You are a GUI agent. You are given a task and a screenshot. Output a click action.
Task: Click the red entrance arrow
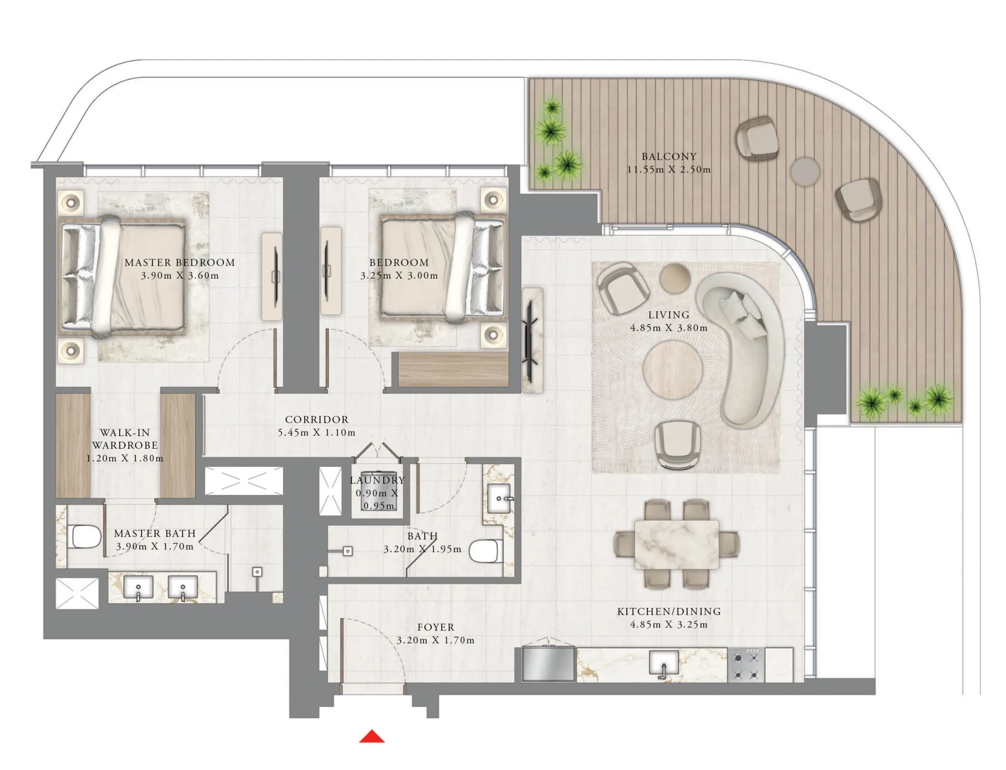coord(371,736)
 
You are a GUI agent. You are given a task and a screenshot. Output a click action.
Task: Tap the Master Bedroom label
coord(180,263)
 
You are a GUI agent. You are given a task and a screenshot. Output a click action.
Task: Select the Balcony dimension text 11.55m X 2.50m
coord(669,170)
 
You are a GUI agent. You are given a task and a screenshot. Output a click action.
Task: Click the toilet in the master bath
coord(86,536)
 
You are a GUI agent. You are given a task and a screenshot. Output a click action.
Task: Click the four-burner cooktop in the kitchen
coord(746,664)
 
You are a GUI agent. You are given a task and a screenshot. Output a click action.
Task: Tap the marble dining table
coord(676,544)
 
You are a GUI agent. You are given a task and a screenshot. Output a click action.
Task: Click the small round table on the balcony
coord(805,171)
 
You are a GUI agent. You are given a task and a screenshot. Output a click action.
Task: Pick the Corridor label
coord(317,419)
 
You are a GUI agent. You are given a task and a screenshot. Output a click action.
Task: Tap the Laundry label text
coord(377,480)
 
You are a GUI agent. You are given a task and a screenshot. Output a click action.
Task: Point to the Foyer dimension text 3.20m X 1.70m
coord(435,640)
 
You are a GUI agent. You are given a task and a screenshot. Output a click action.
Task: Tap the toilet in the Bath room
coord(486,551)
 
